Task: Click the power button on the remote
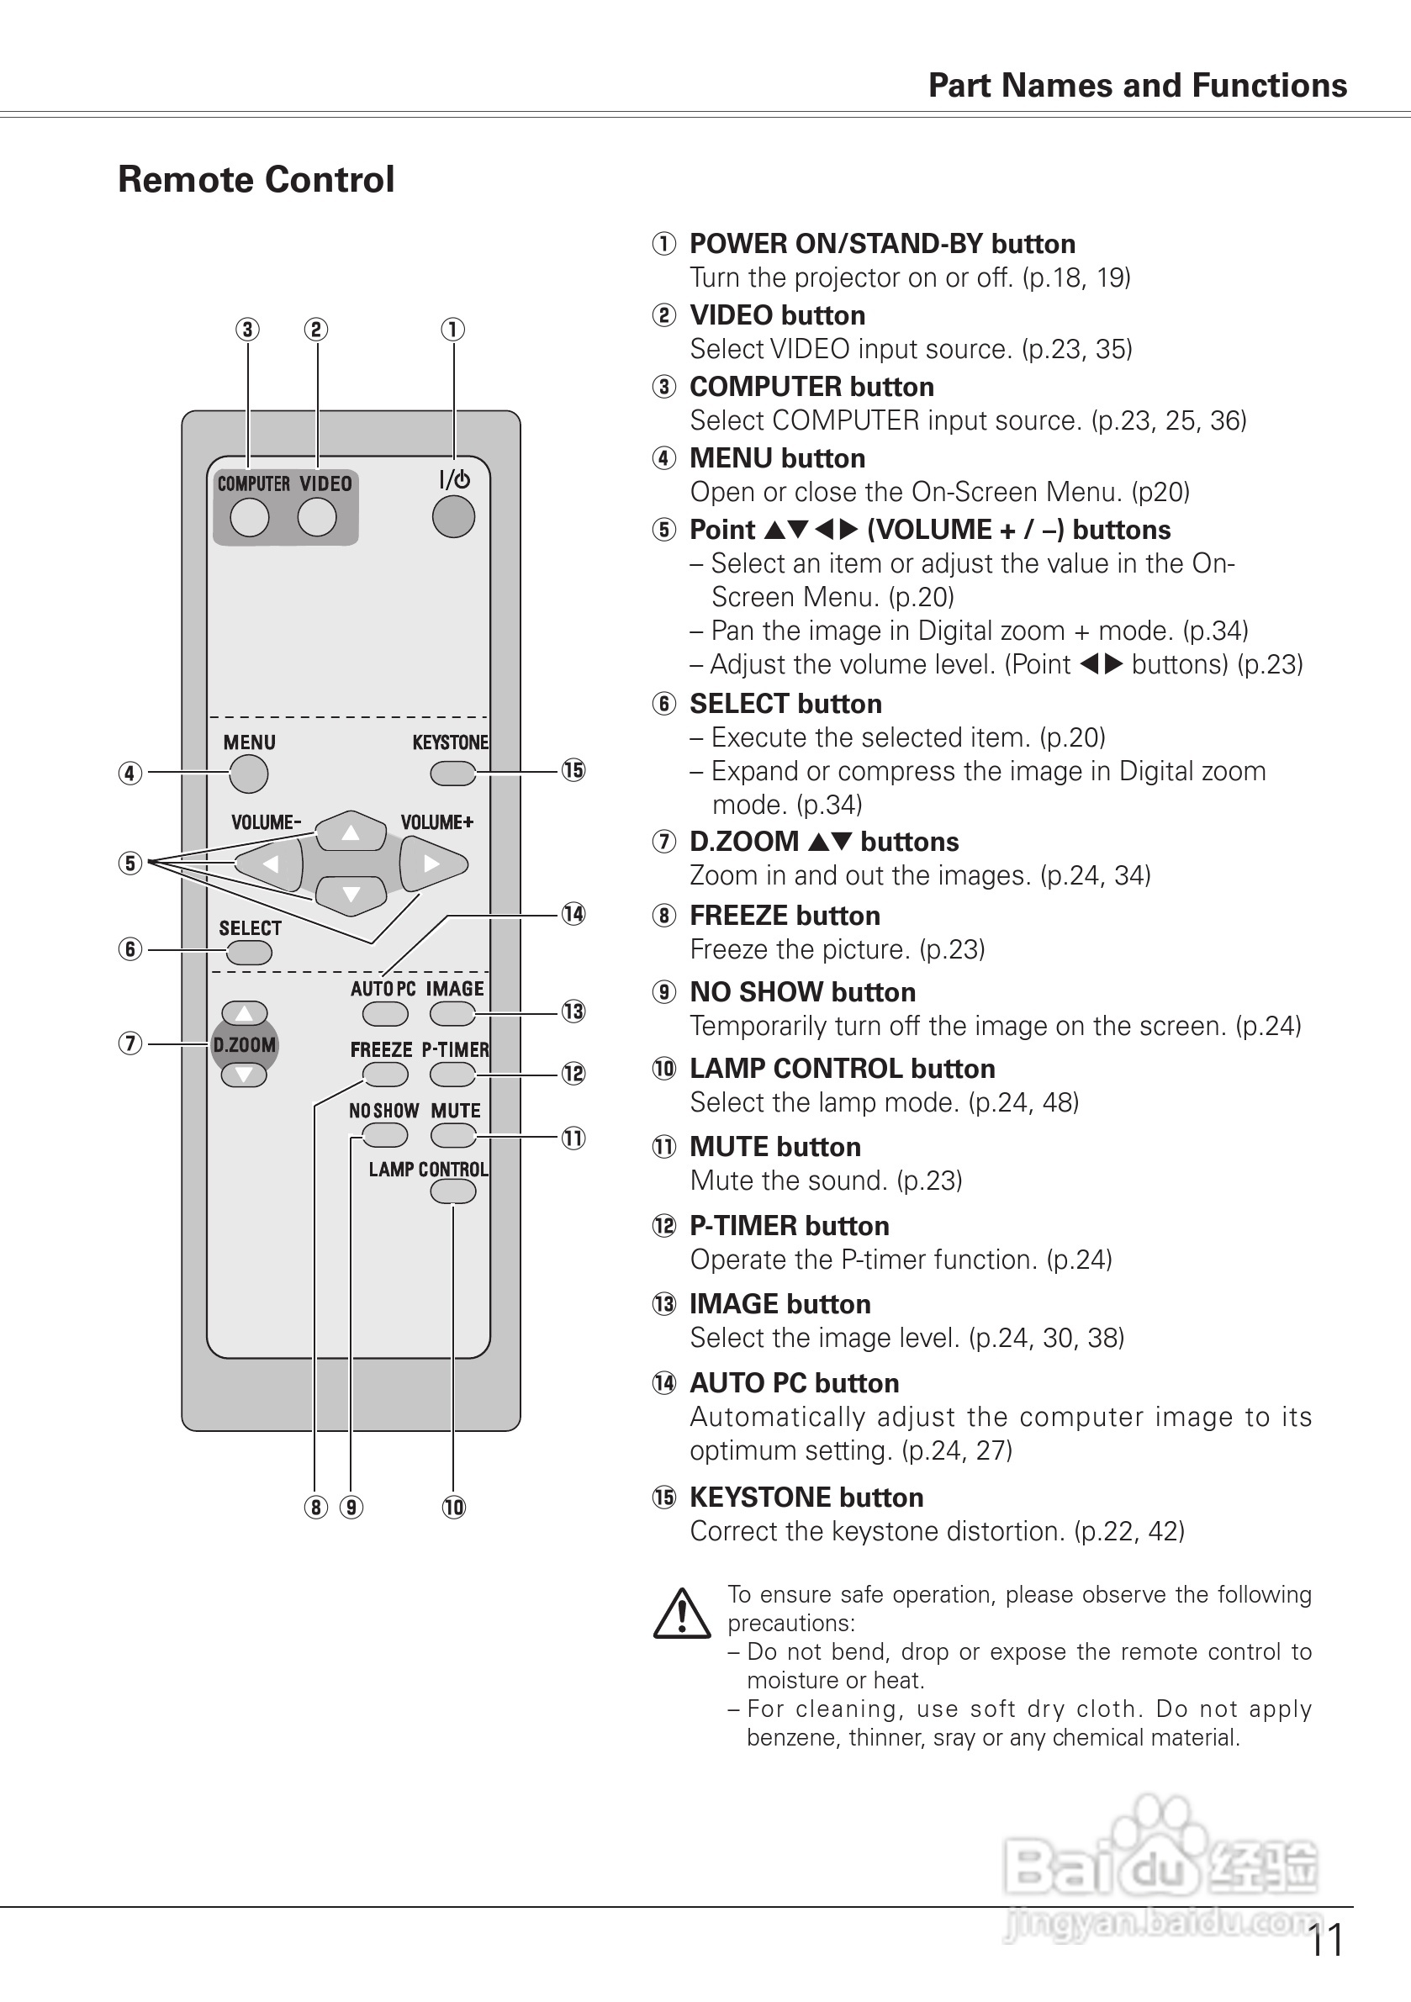453,517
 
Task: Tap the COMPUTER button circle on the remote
250,518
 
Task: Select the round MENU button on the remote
249,774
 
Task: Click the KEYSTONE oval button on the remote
452,774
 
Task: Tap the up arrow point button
351,832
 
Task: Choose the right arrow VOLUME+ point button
432,864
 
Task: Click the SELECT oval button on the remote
250,953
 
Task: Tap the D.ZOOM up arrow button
244,1013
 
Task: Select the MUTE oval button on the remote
452,1135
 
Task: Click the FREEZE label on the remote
381,1050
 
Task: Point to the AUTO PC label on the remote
383,989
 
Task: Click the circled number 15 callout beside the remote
573,771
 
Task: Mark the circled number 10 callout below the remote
453,1508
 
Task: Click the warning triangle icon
682,1613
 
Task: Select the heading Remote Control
256,180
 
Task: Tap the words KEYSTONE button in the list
806,1498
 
